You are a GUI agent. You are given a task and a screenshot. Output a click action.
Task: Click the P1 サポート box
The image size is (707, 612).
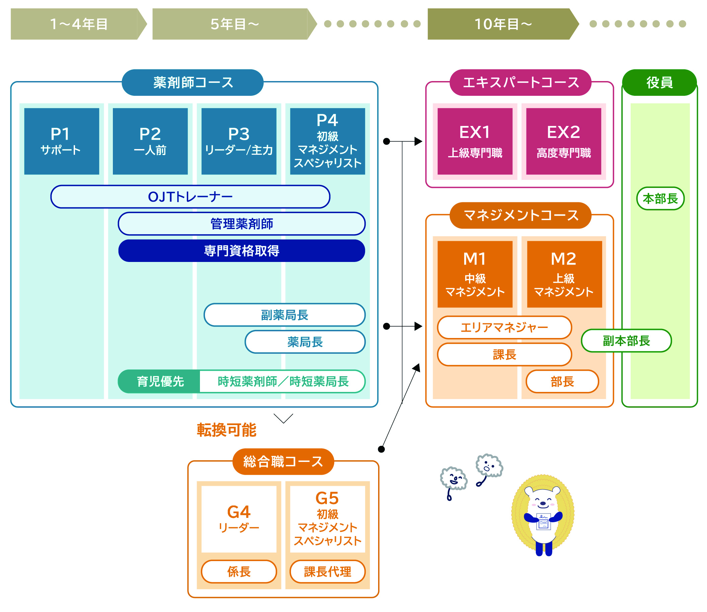coord(61,141)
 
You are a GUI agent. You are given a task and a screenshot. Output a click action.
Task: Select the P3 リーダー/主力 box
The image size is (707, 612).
coord(239,141)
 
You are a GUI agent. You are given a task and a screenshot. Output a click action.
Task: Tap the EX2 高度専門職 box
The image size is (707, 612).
coord(563,141)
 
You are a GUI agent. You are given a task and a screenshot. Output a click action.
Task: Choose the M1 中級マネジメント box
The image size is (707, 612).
coord(475,274)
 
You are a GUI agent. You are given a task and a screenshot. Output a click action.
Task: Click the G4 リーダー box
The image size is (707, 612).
coord(239,519)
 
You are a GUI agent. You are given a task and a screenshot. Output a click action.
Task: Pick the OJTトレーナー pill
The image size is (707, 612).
coord(190,197)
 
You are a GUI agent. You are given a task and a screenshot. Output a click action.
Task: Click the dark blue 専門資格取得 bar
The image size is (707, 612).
coord(241,251)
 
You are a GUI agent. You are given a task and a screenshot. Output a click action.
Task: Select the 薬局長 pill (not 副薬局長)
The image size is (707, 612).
coord(305,342)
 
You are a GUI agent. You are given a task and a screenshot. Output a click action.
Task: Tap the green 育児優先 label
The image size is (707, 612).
coord(160,382)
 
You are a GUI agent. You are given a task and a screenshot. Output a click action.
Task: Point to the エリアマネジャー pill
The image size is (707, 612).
coord(504,328)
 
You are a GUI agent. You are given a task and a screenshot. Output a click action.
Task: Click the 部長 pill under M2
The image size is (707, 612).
coord(562,382)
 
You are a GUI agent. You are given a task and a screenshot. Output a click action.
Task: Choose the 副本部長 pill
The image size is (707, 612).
coord(626,340)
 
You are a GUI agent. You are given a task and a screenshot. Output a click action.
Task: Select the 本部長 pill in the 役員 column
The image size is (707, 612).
coord(660,198)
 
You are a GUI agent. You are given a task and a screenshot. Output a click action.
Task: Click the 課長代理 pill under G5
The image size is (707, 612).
coord(328,571)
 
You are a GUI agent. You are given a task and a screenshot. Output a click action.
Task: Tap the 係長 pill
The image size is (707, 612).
coord(239,571)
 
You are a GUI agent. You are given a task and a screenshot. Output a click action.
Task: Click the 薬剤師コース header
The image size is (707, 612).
coord(193,83)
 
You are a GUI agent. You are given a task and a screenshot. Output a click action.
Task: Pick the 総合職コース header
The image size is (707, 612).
coord(283,461)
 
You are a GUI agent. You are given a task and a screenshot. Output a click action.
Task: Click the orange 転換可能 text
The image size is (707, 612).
coord(226,430)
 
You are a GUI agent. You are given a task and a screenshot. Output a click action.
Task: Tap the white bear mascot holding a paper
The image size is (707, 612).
coord(543,516)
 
